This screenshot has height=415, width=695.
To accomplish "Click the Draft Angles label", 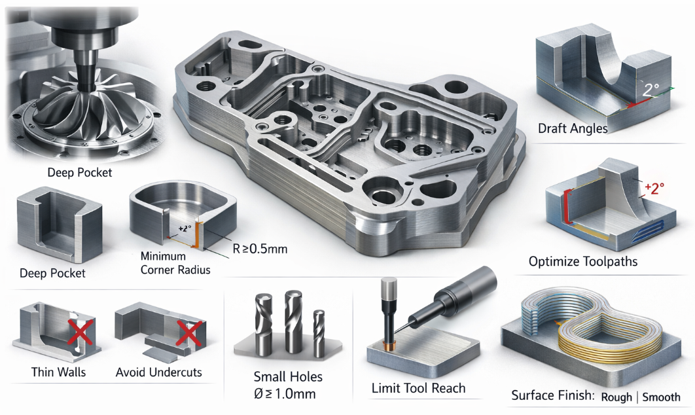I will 573,128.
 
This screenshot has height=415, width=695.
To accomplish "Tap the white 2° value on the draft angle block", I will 650,90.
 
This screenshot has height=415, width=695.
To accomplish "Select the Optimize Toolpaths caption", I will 582,262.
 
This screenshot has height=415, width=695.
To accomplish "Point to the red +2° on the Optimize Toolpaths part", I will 654,187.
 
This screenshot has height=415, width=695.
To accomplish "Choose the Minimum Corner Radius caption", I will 176,262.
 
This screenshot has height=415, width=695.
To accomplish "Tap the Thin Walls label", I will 58,372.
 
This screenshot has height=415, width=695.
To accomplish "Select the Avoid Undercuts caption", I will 158,372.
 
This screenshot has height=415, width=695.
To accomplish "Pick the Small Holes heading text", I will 288,377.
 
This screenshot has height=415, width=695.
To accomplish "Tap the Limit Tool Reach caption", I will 418,388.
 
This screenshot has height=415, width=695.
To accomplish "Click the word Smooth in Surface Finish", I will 661,397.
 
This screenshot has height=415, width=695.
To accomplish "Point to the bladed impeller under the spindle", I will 84,117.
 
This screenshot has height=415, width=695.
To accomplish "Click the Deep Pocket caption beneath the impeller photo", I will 79,173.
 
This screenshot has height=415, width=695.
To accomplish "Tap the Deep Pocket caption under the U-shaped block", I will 52,272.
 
